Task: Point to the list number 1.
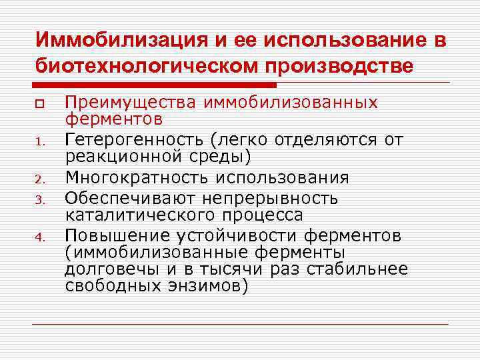(40, 141)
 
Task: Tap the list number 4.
(40, 237)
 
